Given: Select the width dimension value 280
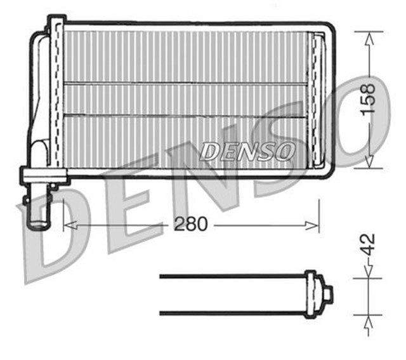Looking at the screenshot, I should tap(191, 225).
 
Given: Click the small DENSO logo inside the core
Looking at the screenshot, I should tap(247, 151).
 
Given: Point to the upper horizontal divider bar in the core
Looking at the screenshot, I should tap(184, 83).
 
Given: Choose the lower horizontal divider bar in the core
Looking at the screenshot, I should tap(184, 115).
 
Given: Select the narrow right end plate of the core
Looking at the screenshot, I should tap(315, 102).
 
